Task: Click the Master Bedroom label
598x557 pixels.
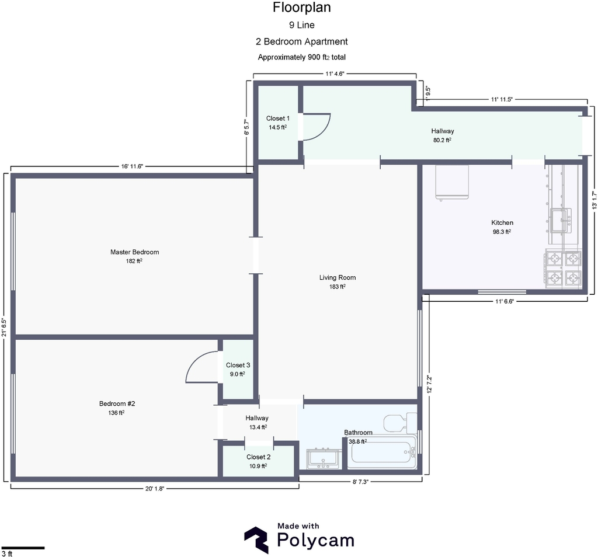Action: click(x=135, y=252)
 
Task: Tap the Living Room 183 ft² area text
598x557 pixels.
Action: click(x=338, y=287)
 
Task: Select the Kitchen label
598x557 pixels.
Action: click(x=502, y=222)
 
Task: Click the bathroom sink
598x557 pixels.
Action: click(x=324, y=459)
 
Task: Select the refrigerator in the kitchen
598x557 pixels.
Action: click(x=452, y=182)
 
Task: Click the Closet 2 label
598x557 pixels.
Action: click(x=258, y=457)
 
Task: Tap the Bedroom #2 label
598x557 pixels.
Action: click(x=117, y=404)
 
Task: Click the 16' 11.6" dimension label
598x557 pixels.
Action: click(x=132, y=166)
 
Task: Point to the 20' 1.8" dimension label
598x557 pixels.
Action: click(x=154, y=489)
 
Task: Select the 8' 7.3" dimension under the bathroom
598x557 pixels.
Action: click(x=360, y=482)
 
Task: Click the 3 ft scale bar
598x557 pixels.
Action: click(x=23, y=548)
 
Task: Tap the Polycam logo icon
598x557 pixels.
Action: click(x=256, y=540)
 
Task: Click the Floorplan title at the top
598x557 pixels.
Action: click(x=302, y=7)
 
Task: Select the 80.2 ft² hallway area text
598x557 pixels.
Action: click(x=443, y=140)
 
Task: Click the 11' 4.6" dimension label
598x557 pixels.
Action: click(x=335, y=74)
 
